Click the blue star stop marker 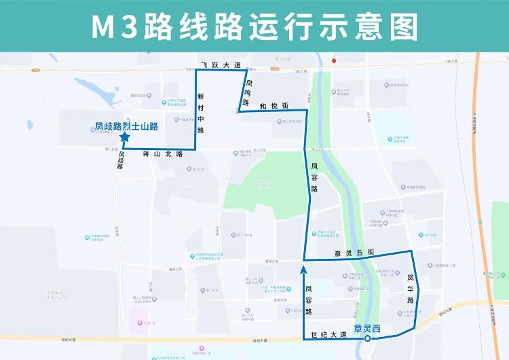click(x=125, y=137)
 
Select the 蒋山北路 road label click(x=164, y=154)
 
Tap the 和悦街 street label click(x=274, y=106)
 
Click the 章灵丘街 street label click(x=355, y=253)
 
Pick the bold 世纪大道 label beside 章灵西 click(x=329, y=334)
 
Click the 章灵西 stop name click(x=367, y=329)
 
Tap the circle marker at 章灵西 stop click(x=367, y=338)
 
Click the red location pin click(x=334, y=60)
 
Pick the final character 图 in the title click(x=403, y=26)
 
